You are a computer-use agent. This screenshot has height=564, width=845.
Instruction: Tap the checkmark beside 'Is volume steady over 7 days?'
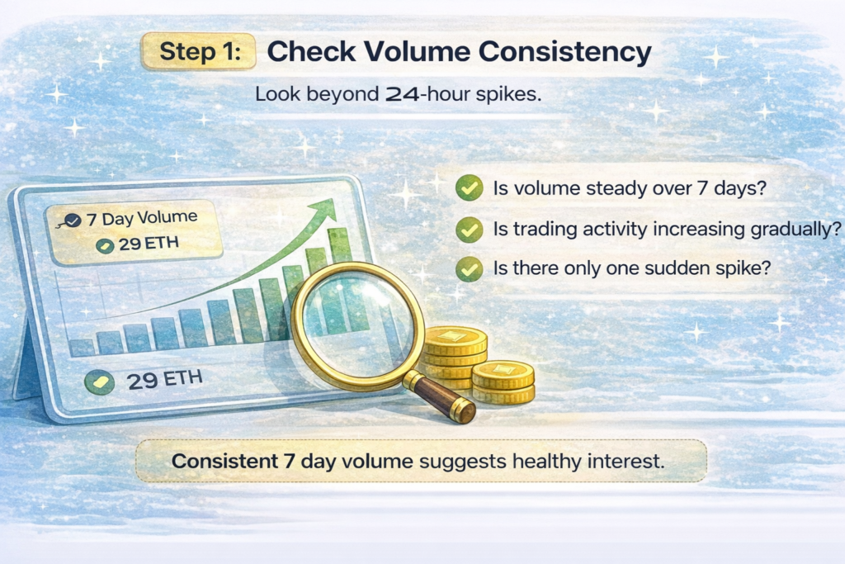tap(470, 189)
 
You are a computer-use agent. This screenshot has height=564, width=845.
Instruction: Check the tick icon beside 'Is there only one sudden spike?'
tap(470, 268)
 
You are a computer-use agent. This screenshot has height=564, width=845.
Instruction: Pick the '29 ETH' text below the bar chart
tap(165, 381)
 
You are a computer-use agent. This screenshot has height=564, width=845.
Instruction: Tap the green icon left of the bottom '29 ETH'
tap(100, 382)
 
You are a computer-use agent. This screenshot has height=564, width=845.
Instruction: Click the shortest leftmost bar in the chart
tap(82, 347)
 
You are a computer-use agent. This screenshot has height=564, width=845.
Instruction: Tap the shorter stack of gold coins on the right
tap(503, 382)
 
